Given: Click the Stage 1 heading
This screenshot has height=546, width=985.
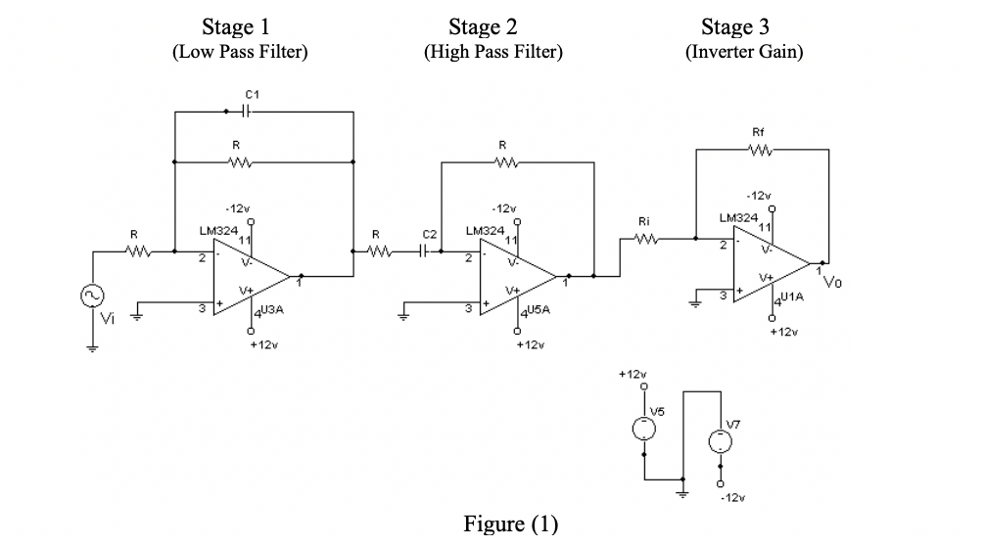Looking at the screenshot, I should (239, 25).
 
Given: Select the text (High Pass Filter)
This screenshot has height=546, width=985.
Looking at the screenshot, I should (492, 52).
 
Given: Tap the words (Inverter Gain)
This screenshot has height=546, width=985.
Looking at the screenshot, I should (744, 52).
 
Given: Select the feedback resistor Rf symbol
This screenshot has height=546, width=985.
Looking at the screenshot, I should (759, 151).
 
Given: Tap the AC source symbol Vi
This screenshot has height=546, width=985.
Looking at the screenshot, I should (94, 296).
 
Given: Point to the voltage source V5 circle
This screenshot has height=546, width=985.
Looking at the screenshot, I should (643, 428).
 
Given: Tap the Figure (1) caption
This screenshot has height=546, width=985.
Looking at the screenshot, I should (510, 524).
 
